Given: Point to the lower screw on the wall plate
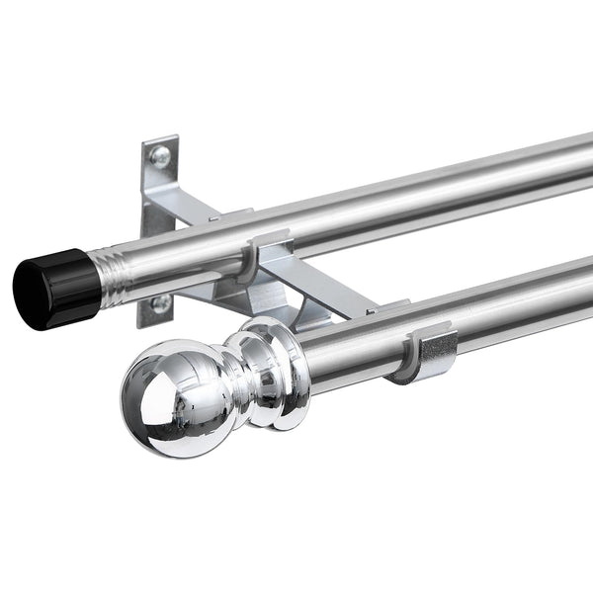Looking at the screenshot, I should tap(158, 302).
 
